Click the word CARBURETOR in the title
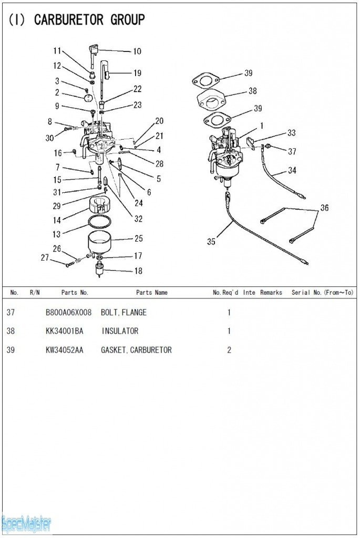(68, 20)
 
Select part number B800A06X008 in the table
(68, 313)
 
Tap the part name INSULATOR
(120, 331)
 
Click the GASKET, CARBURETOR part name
(136, 350)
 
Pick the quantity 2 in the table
(229, 350)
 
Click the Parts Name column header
(152, 293)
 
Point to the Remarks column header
(271, 293)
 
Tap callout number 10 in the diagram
(137, 51)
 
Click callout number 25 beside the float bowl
(139, 239)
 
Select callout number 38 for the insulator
(253, 91)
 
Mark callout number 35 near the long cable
(211, 242)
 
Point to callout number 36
(325, 208)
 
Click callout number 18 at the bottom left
(138, 271)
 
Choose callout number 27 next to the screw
(45, 257)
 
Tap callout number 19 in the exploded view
(137, 73)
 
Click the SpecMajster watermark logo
(26, 523)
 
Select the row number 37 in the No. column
(11, 313)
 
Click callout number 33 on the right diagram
(291, 133)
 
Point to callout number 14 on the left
(57, 221)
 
